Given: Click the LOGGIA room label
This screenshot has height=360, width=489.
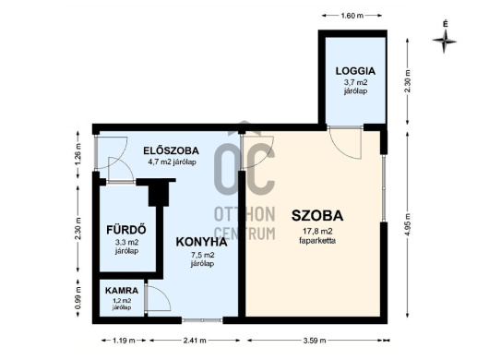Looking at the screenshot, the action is tap(355, 71).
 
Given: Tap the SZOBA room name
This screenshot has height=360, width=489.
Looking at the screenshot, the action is tap(317, 216).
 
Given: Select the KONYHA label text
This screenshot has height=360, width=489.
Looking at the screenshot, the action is tap(201, 242).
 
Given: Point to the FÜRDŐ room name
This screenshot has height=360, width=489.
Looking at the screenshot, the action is tap(126, 229).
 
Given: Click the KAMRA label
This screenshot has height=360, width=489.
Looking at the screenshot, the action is tap(122, 291).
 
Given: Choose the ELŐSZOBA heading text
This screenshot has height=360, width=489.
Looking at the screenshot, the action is tap(171, 150).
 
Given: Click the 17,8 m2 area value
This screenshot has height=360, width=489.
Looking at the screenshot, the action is tap(317, 231).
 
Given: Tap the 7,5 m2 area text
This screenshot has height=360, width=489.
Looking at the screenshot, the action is tap(202, 255).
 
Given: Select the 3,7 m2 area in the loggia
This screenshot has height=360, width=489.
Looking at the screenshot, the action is tap(355, 83).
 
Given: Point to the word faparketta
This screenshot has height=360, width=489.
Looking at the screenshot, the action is tap(317, 241).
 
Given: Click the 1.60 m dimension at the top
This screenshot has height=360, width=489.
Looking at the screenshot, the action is tap(352, 16).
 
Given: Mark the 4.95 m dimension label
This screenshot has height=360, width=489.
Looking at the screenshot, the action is tap(407, 223).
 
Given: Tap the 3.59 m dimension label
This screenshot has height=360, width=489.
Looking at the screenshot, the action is tap(315, 341).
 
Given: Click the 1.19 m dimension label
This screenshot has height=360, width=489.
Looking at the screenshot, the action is tap(124, 341).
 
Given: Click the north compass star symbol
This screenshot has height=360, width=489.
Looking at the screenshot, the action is tap(445, 41).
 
